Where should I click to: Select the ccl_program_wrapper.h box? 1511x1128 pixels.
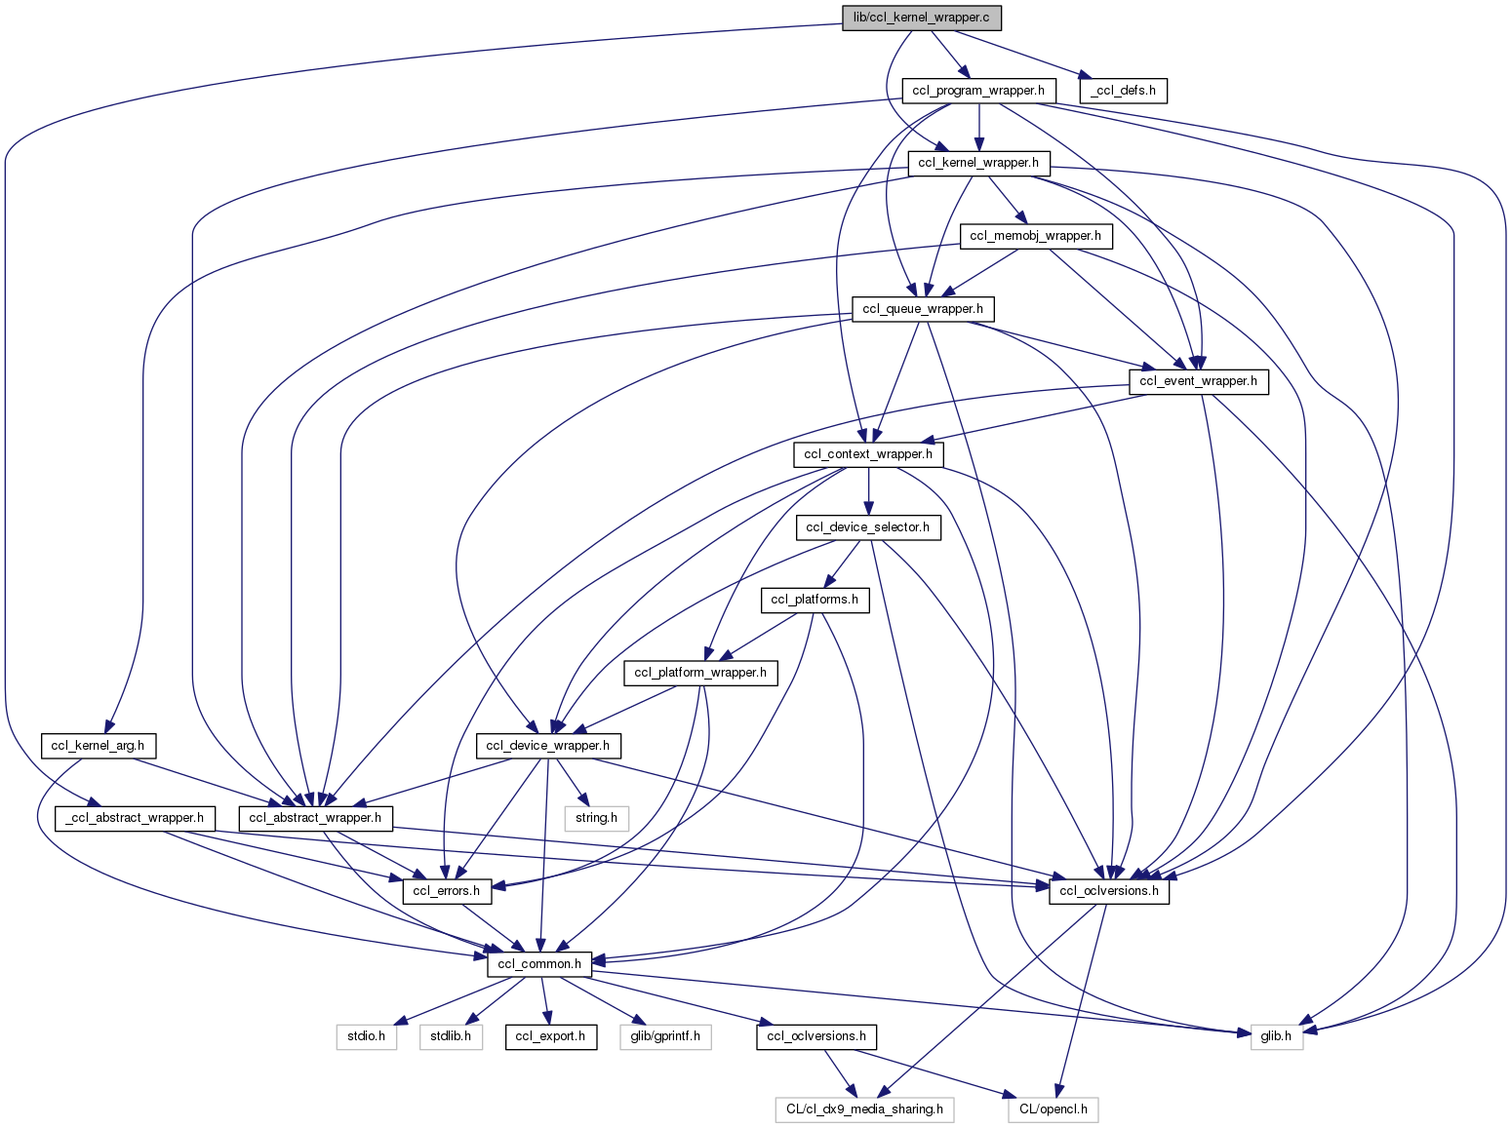tap(978, 91)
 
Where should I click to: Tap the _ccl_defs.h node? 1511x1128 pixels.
tap(1123, 91)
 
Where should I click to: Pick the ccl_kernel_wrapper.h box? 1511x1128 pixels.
tap(978, 163)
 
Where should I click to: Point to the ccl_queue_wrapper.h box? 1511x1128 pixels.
tap(923, 309)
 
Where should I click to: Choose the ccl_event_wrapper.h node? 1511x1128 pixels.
tap(1199, 381)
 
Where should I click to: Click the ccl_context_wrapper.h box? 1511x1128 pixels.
tap(868, 454)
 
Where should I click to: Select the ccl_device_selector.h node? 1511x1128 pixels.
tap(868, 527)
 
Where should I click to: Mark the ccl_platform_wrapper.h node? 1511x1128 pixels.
tap(700, 673)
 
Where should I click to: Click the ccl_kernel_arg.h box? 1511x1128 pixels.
tap(98, 746)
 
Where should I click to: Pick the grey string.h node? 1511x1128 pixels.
tap(596, 818)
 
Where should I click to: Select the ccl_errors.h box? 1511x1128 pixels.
tap(446, 890)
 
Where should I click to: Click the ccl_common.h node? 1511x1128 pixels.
tap(539, 964)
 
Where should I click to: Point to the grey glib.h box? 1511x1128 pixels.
tap(1276, 1036)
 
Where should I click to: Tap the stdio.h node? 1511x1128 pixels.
tap(367, 1036)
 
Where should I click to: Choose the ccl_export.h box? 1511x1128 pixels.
tap(550, 1036)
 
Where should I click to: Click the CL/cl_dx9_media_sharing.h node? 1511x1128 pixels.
tap(865, 1109)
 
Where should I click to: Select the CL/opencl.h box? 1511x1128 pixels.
tap(1053, 1109)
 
